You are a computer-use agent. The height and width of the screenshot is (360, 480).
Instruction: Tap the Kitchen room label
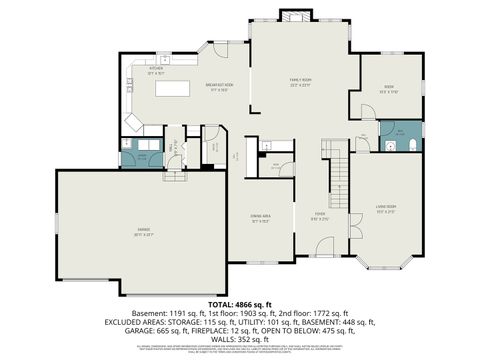pos(156,71)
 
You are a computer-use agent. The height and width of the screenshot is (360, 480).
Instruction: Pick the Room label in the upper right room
pos(388,87)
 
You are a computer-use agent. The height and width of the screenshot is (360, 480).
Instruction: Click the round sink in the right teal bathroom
pos(386,146)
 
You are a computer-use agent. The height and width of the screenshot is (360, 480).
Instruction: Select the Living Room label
pos(387,209)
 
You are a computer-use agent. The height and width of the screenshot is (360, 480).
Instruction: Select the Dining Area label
pos(262,218)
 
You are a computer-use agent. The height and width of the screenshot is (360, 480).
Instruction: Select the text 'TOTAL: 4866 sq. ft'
pos(239,303)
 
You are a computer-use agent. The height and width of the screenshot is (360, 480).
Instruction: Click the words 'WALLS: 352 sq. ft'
pos(239,339)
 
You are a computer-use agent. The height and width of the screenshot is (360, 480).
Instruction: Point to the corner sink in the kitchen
pos(133,121)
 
